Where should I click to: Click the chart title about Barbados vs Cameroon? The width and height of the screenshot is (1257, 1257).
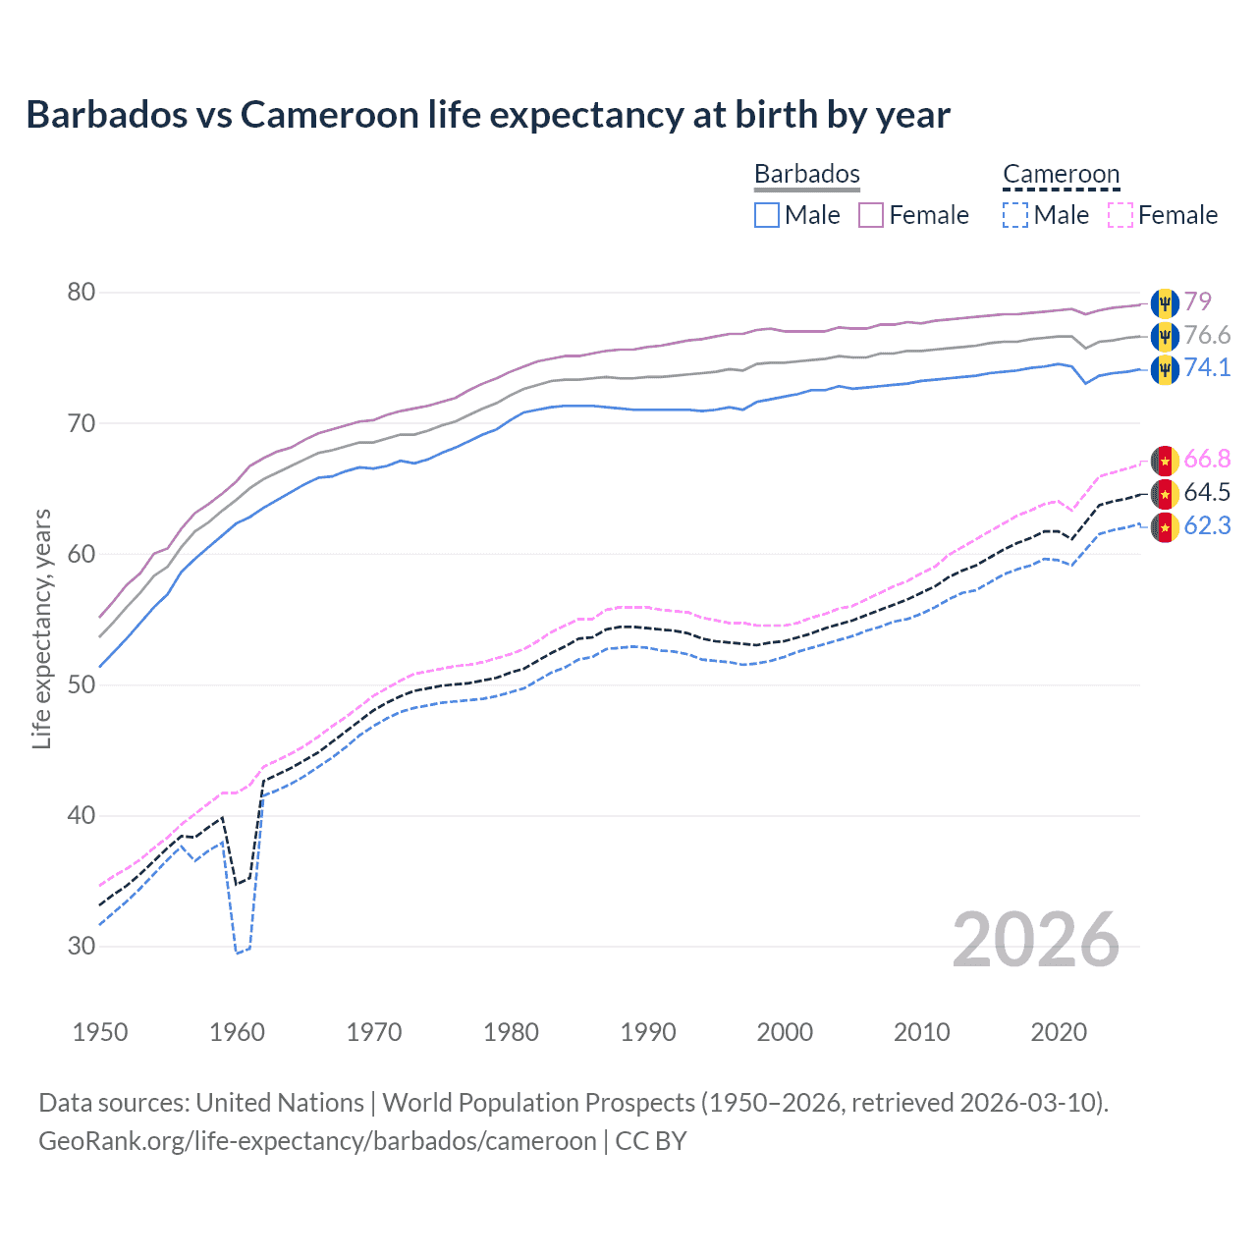point(488,115)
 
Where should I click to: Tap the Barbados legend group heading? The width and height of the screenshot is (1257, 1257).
point(806,174)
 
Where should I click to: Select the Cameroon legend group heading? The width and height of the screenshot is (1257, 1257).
point(1061,174)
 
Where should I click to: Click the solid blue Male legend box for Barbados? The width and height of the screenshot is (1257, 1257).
point(767,215)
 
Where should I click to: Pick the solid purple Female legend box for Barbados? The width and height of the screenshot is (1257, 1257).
point(871,215)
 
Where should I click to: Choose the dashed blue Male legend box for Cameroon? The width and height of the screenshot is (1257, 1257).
point(1015,215)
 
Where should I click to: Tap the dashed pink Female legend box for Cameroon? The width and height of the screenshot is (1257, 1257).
point(1120,215)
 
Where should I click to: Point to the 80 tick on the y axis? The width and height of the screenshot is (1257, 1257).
point(82,293)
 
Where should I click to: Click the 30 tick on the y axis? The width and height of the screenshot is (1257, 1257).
point(82,947)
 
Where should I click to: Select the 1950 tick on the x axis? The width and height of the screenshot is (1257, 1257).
point(100,1032)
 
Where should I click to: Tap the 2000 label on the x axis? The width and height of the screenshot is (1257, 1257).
point(785,1032)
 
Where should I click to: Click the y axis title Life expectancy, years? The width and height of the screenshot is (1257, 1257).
point(41,628)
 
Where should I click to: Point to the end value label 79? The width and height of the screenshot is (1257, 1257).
point(1197,301)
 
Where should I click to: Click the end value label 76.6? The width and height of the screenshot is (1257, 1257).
point(1207,336)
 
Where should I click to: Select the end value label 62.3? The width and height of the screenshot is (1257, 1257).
point(1207,526)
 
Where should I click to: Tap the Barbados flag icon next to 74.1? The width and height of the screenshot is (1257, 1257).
point(1165,369)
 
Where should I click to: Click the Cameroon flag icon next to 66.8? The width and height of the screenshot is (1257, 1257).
point(1165,461)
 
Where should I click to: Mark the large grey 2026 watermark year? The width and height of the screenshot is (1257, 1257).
point(1036,941)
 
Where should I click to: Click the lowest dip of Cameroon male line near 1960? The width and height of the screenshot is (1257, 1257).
point(237,953)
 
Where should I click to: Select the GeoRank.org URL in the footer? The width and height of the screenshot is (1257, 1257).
point(317,1141)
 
